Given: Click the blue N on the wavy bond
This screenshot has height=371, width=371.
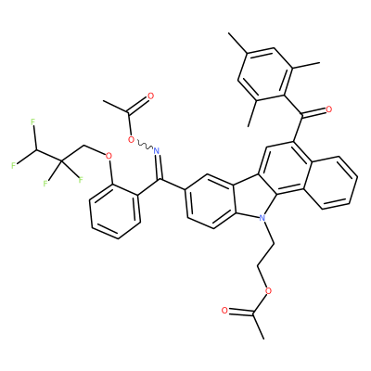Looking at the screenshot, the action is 157,151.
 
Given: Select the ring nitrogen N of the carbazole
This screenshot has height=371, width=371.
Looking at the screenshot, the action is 262,218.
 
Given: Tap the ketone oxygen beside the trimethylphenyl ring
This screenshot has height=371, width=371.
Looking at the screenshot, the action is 328,109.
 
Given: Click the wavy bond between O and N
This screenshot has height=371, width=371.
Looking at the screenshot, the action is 144,145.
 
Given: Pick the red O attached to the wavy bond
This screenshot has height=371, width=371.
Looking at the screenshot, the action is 132,140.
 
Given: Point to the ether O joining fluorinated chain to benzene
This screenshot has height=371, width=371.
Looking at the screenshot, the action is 109,156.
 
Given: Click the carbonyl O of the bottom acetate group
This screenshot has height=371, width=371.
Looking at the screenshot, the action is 224,311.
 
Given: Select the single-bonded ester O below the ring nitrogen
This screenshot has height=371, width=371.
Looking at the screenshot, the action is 269,290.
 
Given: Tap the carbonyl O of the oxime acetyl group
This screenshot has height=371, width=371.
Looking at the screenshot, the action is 150,96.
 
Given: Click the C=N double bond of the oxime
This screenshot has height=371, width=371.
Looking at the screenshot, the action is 159,166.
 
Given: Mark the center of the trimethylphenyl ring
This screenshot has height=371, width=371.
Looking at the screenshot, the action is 265,73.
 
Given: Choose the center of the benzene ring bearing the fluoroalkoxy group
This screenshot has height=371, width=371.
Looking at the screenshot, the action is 115,211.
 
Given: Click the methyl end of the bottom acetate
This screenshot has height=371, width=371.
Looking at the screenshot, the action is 264,339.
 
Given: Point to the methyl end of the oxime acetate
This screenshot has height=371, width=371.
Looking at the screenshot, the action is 104,101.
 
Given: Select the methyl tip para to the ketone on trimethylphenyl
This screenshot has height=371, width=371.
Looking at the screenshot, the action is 229,33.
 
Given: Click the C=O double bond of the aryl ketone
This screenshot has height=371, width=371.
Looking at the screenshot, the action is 313,113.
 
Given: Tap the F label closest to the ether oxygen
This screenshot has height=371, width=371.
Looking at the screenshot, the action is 81,179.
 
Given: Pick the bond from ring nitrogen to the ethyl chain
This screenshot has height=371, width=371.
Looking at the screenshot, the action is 268,233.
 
